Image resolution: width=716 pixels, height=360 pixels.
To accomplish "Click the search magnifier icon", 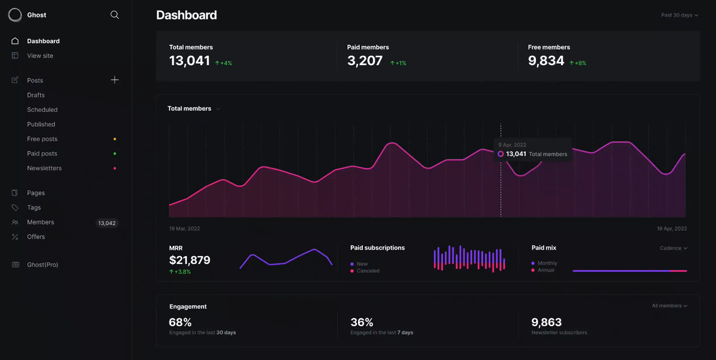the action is tap(115, 15).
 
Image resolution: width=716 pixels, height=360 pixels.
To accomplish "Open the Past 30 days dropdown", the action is tap(680, 15).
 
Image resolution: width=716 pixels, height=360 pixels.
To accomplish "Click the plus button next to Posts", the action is tap(115, 80).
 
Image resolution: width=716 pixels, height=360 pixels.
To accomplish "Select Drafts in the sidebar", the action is tap(36, 95).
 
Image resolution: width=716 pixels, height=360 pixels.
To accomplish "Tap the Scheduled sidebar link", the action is tap(42, 110).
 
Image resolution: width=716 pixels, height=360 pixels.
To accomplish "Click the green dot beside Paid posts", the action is tap(115, 153).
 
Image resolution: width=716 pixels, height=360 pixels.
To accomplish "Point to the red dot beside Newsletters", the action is tap(115, 168).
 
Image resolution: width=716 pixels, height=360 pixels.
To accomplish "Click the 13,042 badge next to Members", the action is tap(107, 223).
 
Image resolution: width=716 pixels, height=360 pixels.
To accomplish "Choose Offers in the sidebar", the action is tap(36, 236).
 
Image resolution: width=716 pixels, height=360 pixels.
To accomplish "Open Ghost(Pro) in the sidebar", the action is tap(42, 264).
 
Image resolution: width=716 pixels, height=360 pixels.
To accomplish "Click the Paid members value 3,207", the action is tap(365, 61).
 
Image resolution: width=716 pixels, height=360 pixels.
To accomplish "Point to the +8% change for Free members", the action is tap(578, 63).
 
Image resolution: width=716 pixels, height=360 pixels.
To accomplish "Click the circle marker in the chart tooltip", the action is tap(501, 154).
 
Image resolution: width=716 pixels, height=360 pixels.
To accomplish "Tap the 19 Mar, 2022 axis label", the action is tap(184, 229).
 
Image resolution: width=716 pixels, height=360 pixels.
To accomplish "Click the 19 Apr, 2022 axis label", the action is tap(672, 229).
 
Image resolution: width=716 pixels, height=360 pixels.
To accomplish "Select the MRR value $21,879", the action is tap(190, 260).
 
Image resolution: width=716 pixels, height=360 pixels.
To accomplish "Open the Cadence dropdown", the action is tap(674, 248).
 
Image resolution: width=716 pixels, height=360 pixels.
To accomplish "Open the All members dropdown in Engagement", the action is tap(669, 306).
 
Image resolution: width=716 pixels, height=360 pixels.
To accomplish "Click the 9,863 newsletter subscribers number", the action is tap(547, 322).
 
